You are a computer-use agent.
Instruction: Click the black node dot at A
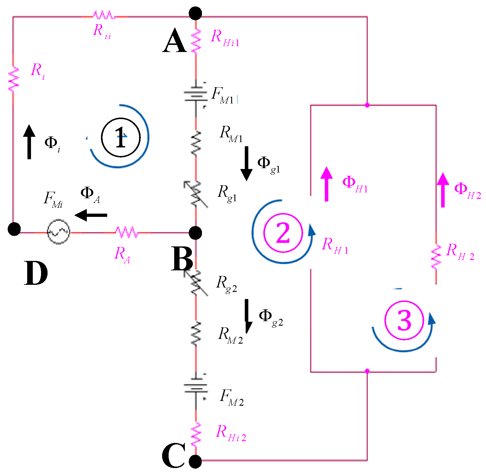click(195, 14)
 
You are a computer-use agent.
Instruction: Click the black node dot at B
click(195, 233)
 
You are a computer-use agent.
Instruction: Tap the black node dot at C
click(195, 461)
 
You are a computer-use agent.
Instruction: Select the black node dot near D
click(14, 229)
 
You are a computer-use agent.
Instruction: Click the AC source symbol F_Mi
click(58, 232)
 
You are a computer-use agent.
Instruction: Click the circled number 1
click(120, 137)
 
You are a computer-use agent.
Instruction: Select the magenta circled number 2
click(283, 233)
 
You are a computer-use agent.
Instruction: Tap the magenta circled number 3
click(404, 320)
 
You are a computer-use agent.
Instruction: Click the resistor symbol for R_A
click(127, 232)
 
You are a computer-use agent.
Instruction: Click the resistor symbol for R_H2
click(436, 257)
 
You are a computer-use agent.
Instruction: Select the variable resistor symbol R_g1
click(195, 194)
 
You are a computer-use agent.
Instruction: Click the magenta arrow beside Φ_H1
click(327, 184)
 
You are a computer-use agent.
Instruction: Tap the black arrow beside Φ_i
click(29, 142)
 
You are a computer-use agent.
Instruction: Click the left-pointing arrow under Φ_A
click(91, 215)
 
